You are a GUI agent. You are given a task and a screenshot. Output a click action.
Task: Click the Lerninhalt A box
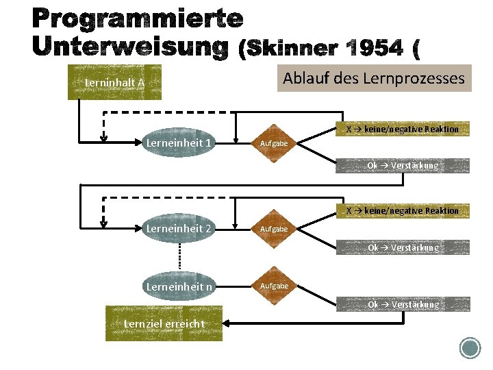pos(114,82)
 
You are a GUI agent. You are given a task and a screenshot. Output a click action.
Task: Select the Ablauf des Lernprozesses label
pos(374,79)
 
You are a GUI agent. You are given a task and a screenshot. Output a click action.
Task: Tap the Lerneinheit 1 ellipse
pos(179,143)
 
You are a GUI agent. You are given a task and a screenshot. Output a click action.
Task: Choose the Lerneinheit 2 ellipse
pos(179,228)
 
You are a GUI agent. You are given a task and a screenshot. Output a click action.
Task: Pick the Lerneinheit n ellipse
pos(179,286)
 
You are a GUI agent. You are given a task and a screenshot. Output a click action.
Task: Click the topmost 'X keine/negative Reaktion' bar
pos(402,129)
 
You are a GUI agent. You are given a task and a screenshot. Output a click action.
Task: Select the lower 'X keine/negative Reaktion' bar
pos(402,210)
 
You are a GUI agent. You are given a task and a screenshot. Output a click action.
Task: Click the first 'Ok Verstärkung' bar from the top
pos(402,165)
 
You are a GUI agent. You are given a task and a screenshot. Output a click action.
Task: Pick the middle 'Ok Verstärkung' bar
pos(402,247)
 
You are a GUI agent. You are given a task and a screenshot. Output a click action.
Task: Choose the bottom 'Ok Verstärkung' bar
pos(402,304)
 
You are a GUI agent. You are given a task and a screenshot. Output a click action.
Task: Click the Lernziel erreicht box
pos(164,323)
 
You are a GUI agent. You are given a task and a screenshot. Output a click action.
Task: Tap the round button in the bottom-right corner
pos(470,347)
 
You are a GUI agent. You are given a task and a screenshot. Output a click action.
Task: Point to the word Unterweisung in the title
pos(130,46)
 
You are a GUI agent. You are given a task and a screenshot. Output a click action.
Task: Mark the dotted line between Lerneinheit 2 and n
pos(179,256)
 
